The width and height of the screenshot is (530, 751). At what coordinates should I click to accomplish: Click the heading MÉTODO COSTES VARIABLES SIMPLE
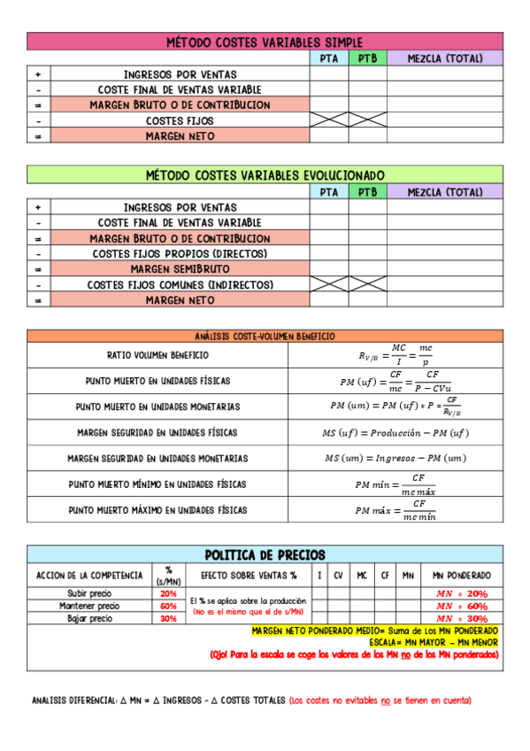click(265, 42)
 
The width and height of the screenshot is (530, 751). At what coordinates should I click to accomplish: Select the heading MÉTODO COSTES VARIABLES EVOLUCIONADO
click(265, 174)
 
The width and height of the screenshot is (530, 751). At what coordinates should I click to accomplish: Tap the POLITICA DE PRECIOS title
click(265, 554)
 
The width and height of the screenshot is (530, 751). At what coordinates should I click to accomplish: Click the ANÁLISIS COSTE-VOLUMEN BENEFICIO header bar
click(265, 337)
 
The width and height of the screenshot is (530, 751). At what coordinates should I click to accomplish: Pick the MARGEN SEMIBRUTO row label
click(180, 268)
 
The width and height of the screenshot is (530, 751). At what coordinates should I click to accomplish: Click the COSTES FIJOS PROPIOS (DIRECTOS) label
click(180, 253)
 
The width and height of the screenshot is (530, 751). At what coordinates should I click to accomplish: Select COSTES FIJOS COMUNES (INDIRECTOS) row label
click(180, 284)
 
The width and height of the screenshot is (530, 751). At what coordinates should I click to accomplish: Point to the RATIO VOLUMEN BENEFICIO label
click(157, 355)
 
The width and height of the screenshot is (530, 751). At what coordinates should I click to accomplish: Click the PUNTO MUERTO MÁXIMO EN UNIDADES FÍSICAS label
click(157, 510)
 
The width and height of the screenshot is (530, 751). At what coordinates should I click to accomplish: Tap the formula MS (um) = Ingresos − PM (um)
click(395, 458)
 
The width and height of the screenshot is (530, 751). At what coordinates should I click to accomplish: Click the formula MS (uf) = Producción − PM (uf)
click(395, 432)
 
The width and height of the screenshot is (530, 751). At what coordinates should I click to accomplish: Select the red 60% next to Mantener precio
click(168, 606)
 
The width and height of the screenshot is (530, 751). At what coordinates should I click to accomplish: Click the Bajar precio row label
click(89, 618)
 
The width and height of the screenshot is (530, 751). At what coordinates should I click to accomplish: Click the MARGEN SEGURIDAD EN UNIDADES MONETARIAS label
click(157, 458)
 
